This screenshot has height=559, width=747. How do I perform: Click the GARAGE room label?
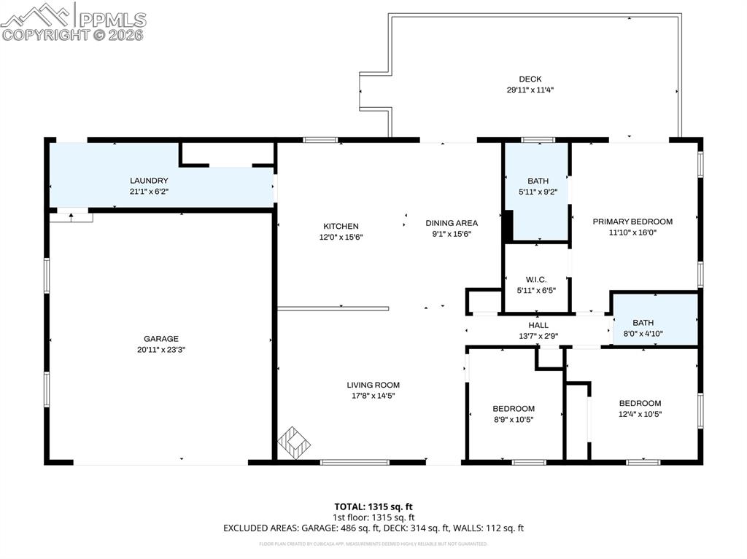pos(160,339)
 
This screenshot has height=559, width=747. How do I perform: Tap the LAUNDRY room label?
pos(149,181)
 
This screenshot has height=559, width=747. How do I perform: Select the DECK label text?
pos(530,79)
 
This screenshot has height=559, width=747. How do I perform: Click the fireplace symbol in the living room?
pos(294,442)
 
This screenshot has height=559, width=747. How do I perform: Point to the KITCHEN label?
pos(341,226)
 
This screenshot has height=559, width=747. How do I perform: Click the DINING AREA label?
pos(452,223)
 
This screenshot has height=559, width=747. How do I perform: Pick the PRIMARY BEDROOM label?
pos(632,222)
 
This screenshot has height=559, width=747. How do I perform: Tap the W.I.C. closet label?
pos(536,280)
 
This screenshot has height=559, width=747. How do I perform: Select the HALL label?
pos(538,325)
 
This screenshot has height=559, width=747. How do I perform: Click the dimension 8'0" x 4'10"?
pos(643,333)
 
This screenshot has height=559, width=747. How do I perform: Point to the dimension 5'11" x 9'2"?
pos(538,192)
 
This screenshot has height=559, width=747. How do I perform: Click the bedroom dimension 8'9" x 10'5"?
pos(514,419)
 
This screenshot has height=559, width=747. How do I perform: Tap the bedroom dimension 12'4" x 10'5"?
pos(640,414)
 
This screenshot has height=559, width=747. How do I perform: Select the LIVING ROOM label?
pos(373,385)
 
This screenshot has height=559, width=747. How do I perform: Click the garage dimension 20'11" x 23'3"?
pos(160,350)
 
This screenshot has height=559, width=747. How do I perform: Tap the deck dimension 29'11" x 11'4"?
pos(530,90)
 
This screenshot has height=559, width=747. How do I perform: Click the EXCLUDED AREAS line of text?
pos(373,528)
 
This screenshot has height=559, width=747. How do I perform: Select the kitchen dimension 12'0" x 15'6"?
pos(341,237)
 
